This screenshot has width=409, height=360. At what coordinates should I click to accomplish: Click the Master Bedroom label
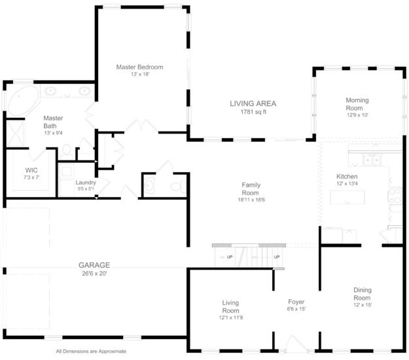(x=139, y=67)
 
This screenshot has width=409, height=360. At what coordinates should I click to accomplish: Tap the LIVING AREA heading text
(x=253, y=103)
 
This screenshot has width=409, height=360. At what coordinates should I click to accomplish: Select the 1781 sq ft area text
(x=253, y=112)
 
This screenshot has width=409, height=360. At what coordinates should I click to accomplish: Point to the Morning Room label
(x=357, y=104)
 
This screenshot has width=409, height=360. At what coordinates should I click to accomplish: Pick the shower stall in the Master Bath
(x=16, y=134)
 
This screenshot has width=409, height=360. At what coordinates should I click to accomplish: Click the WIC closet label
(x=31, y=170)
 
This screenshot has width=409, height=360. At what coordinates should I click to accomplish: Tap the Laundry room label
(x=86, y=183)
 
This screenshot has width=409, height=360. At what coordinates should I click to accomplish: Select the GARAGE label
(x=94, y=265)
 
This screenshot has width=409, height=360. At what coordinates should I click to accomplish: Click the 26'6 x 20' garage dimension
(x=94, y=274)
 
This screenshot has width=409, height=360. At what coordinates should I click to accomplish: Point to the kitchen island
(x=347, y=197)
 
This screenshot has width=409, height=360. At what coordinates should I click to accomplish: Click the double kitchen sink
(x=372, y=160)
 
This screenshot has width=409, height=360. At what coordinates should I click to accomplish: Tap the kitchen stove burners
(x=395, y=196)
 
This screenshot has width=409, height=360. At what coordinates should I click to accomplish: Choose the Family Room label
(x=251, y=189)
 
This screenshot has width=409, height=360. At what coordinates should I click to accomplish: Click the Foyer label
(x=296, y=302)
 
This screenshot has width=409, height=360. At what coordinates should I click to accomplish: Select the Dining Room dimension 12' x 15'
(x=363, y=305)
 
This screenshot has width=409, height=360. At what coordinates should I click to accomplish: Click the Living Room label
(x=230, y=307)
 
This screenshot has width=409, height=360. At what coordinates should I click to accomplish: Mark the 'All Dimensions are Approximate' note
(x=91, y=351)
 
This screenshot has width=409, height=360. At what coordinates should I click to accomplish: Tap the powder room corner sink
(x=149, y=185)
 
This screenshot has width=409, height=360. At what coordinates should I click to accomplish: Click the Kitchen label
(x=347, y=176)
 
